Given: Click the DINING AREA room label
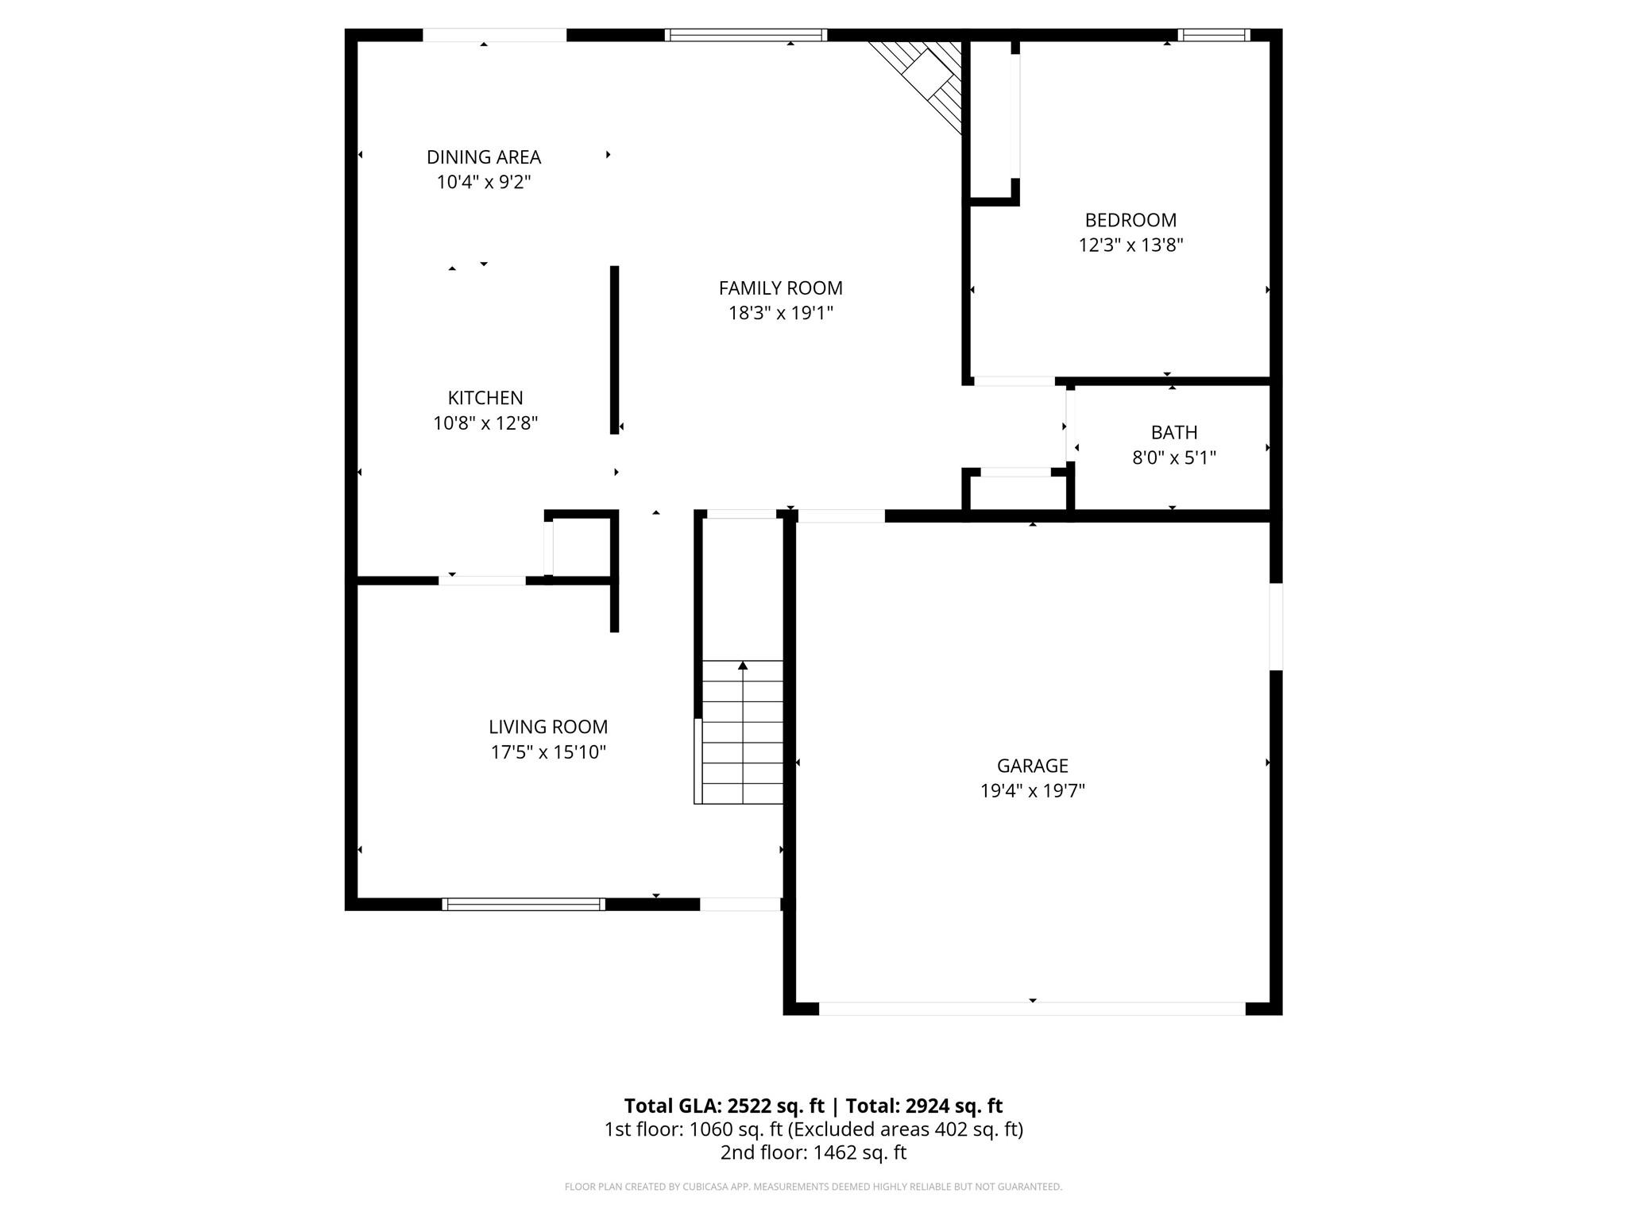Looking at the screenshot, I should coord(483,157).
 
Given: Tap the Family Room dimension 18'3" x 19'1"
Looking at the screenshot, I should coord(780,313).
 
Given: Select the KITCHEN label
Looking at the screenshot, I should coord(485,398).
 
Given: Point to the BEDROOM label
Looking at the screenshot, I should coord(1130,220).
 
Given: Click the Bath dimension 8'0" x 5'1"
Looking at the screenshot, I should coord(1173,457).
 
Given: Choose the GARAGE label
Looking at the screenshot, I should coord(1032,766).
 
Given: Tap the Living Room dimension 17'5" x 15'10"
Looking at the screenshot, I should coord(547,751).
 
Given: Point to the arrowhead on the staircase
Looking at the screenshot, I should coord(743,666).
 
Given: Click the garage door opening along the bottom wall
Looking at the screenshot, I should coord(1031,1009).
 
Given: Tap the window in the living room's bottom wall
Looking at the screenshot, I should coord(523,904).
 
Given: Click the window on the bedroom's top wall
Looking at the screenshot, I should coord(1213,35).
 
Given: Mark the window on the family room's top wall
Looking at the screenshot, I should coord(745,35).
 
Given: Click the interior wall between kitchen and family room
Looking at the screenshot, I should coord(614,349).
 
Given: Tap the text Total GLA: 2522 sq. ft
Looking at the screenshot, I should coord(724,1106).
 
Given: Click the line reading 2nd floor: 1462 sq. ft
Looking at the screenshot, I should coord(813,1152).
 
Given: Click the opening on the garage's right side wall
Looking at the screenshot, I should coord(1275,627).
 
